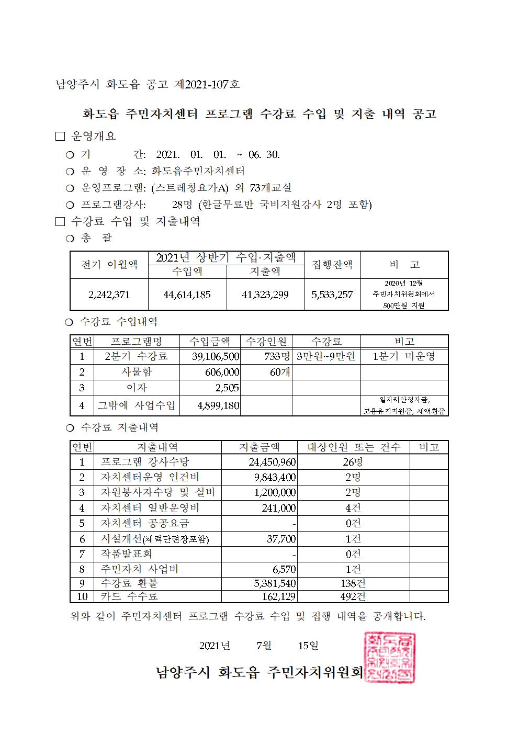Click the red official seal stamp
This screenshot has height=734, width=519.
pyautogui.click(x=389, y=657)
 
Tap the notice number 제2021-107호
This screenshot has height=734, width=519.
pyautogui.click(x=208, y=84)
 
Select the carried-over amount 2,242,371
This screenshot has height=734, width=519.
pyautogui.click(x=109, y=295)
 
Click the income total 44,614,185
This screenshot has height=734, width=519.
pyautogui.click(x=187, y=295)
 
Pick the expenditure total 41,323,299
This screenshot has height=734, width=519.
pyautogui.click(x=265, y=295)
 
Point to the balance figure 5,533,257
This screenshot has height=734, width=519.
pyautogui.click(x=332, y=295)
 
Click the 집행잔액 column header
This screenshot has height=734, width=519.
pyautogui.click(x=332, y=264)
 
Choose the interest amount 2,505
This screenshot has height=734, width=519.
pyautogui.click(x=227, y=388)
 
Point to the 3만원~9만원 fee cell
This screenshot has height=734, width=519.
pyautogui.click(x=326, y=357)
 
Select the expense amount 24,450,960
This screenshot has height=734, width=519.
pyautogui.click(x=272, y=462)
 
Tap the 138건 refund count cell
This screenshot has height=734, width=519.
pyautogui.click(x=353, y=583)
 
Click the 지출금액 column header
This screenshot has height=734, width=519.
pyautogui.click(x=259, y=447)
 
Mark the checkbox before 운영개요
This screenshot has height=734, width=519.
pyautogui.click(x=60, y=137)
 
